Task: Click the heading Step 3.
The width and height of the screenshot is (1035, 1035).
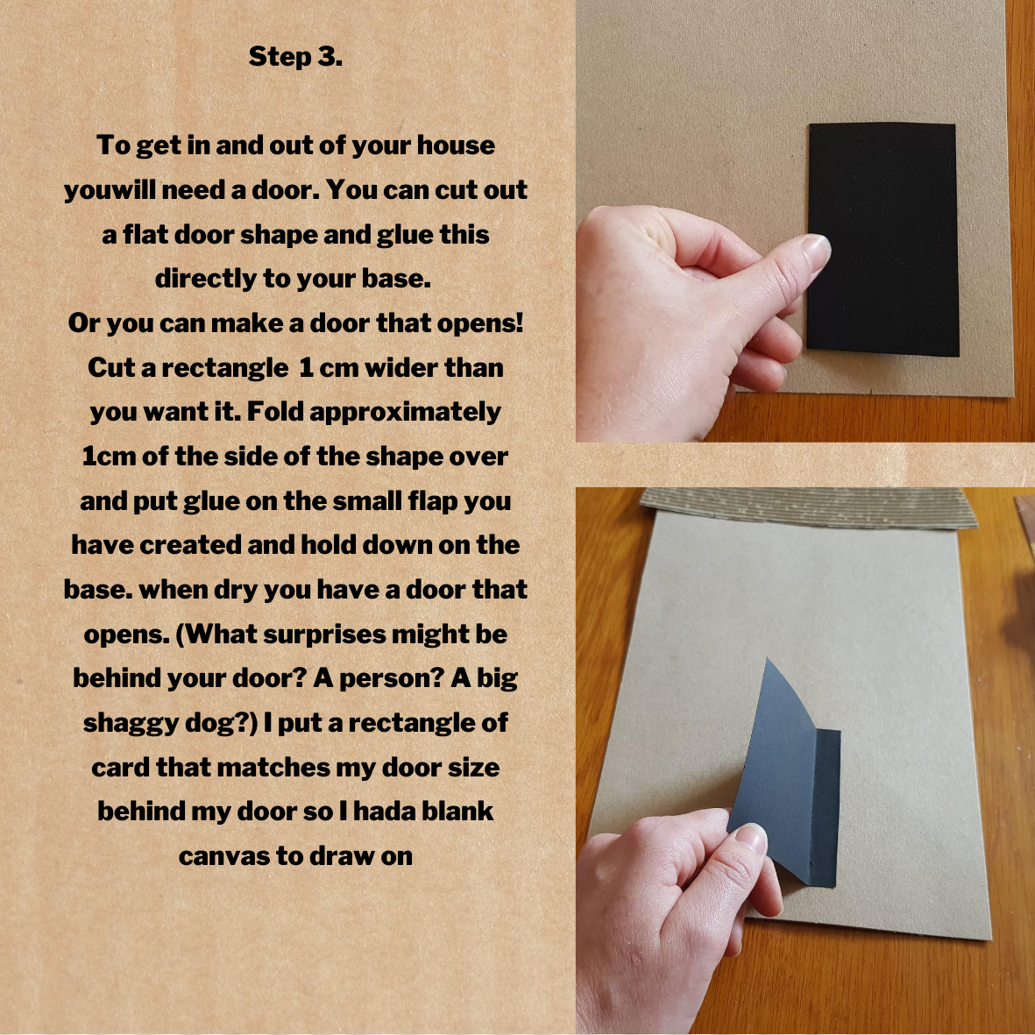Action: tap(295, 57)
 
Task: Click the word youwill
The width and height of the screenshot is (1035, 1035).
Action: tap(109, 190)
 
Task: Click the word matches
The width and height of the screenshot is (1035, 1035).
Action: tap(273, 767)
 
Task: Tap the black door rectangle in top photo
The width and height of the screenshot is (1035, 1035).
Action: tap(883, 239)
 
